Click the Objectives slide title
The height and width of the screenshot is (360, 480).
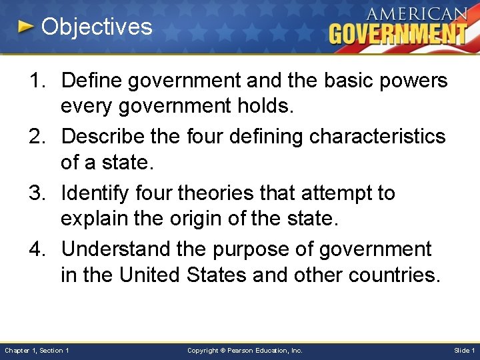pos(97,27)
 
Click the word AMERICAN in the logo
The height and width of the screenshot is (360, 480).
pos(416,14)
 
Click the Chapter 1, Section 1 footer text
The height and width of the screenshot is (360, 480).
pos(37,351)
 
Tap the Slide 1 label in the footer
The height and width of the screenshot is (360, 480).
pos(464,351)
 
